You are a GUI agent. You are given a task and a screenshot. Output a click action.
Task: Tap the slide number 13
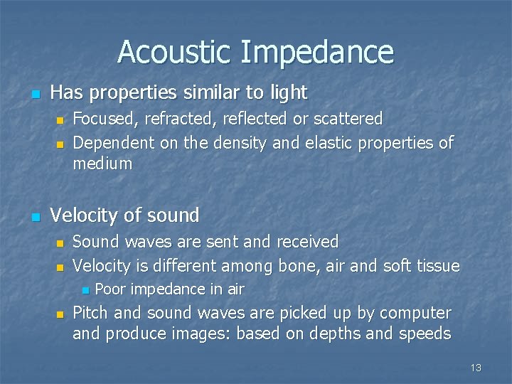(476, 368)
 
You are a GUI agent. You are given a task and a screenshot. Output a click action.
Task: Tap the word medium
(102, 164)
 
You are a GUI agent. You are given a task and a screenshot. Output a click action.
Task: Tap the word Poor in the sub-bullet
(110, 289)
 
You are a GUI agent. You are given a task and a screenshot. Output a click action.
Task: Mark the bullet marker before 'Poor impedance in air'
(85, 289)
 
